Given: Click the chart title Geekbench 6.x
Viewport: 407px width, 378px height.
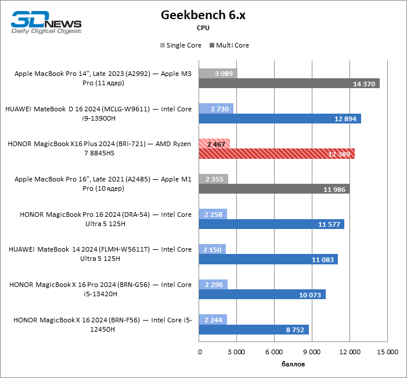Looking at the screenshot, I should pos(203,15).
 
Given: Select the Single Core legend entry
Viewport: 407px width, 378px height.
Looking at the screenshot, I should pos(181,45).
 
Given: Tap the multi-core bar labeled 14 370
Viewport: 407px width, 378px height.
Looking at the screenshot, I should pos(289,83).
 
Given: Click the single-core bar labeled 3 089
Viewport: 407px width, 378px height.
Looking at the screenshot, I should pos(218,73).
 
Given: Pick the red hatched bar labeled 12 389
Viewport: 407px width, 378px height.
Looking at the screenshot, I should pos(276,154).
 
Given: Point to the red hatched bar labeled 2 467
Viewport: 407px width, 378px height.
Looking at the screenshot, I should pos(214,143).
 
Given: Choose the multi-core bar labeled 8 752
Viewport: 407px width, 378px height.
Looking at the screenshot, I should pos(254,329).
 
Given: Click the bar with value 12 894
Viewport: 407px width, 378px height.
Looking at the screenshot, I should pos(280,119).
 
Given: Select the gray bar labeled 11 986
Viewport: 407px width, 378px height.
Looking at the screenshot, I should pos(274,189).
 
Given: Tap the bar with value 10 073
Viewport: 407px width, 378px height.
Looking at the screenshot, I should pos(262,295).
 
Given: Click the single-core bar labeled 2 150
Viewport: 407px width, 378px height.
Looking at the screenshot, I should pos(212,249).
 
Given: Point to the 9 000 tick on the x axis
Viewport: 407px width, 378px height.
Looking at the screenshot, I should pos(312,352).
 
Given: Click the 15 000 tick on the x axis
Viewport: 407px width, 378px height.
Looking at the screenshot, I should pos(388,352).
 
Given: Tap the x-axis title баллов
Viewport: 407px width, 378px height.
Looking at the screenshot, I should pos(293,364).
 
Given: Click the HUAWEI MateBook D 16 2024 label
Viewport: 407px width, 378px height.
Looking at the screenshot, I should pos(98,113).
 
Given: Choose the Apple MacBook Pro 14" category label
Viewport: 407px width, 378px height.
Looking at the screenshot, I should pos(103,78).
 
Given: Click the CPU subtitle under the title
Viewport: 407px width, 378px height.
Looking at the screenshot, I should pos(203,27).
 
